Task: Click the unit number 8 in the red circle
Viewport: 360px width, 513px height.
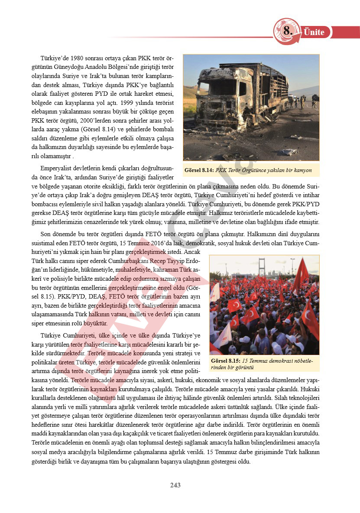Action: (288, 31)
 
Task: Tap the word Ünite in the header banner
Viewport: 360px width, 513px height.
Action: (314, 32)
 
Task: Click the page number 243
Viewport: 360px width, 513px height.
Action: (175, 485)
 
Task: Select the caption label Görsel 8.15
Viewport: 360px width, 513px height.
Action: (225, 361)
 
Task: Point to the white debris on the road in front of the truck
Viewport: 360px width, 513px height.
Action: (287, 152)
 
